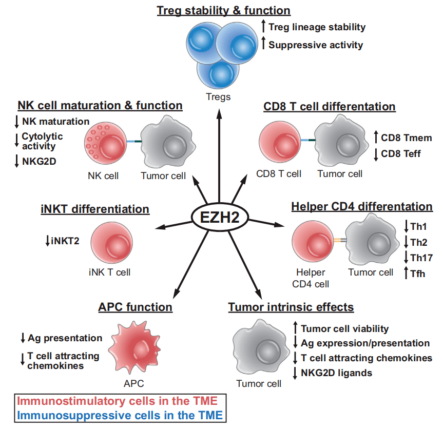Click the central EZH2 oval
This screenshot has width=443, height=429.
coord(219,217)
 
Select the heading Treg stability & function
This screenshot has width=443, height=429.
coord(223,10)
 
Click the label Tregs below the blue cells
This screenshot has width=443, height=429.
coord(218,96)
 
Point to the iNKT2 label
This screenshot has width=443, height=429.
coord(65,240)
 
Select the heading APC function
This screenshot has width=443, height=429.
coord(135,307)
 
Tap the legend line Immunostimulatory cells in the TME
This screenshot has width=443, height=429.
coord(118,401)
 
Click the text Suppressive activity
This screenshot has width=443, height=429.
coord(315,45)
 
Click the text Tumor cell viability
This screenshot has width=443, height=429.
coord(344,328)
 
